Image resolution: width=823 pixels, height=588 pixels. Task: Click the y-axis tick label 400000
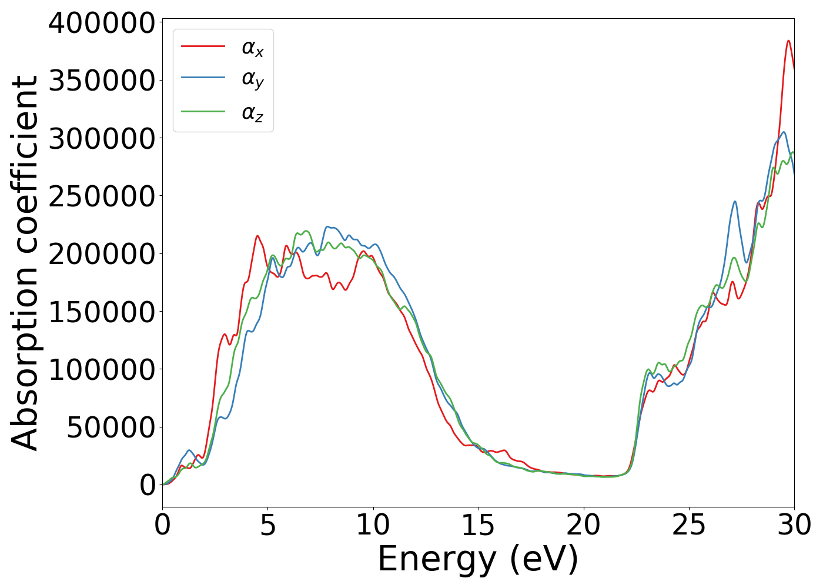(x=101, y=24)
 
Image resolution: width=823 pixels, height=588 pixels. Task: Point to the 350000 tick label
(x=101, y=81)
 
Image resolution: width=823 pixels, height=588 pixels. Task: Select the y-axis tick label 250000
(x=101, y=197)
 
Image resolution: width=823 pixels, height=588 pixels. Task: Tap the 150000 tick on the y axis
(x=101, y=312)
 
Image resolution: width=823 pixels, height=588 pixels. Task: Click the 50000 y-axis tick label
(x=111, y=428)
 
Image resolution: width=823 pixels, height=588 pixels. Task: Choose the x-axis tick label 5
(x=268, y=525)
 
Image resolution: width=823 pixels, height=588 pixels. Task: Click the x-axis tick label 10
(x=373, y=525)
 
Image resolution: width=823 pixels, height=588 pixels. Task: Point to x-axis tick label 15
(x=478, y=525)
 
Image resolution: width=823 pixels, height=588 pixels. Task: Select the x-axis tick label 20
(x=583, y=525)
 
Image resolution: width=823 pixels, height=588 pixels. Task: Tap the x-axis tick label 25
(x=688, y=525)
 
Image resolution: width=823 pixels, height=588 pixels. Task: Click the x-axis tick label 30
(x=794, y=525)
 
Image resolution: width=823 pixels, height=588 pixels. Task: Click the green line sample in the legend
(x=203, y=111)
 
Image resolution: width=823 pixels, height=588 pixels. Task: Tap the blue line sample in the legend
(x=203, y=77)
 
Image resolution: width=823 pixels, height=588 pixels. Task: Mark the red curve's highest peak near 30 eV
(x=788, y=41)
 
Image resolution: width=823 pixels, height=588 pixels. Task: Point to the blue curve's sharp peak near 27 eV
(x=735, y=202)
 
